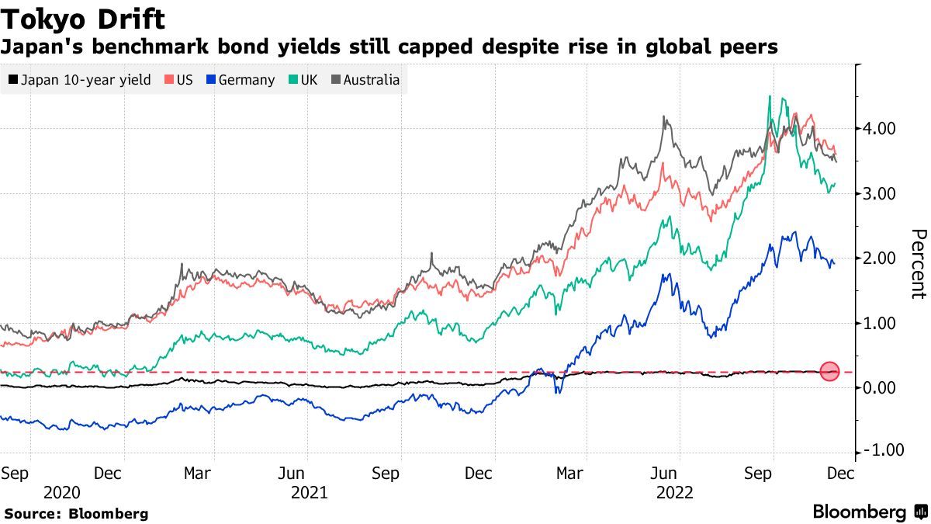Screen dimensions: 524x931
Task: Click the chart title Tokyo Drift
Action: click(83, 18)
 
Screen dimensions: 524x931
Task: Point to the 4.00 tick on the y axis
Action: click(880, 128)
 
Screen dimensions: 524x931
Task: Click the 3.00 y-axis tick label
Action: click(880, 193)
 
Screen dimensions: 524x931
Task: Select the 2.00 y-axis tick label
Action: click(880, 258)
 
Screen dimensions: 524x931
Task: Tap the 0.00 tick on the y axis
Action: click(880, 387)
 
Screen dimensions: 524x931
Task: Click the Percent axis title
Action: click(919, 264)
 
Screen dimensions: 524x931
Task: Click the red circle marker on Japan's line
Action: click(830, 373)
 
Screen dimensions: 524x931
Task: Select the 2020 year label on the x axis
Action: click(62, 492)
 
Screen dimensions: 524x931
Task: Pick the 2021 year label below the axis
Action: click(309, 492)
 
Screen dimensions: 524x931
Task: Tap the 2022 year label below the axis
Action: click(677, 492)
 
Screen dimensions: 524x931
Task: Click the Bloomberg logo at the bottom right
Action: click(869, 512)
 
